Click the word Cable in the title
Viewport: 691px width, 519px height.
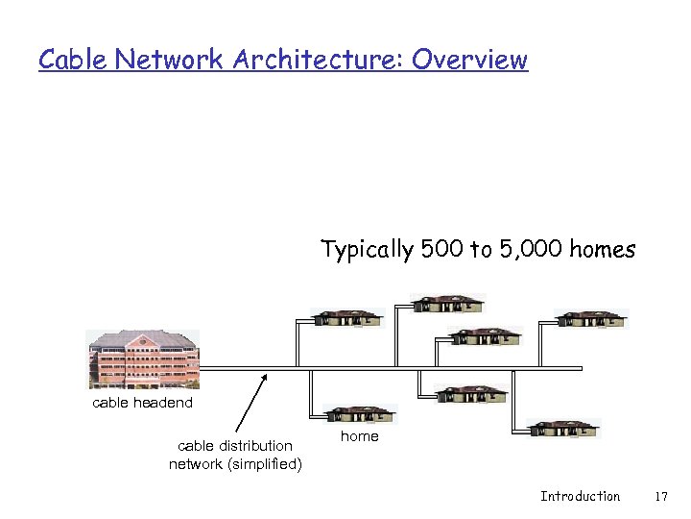point(73,60)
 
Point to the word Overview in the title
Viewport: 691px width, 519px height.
point(470,60)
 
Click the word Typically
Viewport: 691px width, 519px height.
point(368,251)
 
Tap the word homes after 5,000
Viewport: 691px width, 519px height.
point(602,250)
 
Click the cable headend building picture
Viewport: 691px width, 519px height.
point(143,358)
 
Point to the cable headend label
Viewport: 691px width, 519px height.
point(142,403)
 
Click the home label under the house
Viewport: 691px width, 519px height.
point(360,436)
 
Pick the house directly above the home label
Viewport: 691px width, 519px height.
point(360,414)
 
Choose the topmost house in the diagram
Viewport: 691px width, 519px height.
point(448,304)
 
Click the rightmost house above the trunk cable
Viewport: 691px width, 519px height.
point(592,319)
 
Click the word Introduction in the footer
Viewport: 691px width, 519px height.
point(580,496)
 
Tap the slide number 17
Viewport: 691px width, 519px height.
point(659,496)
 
